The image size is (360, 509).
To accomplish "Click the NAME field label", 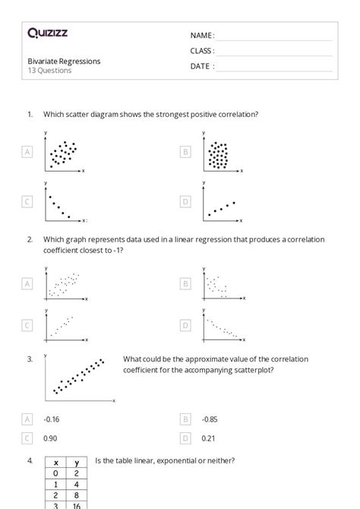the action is click(202, 35).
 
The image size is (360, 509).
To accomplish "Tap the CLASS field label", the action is click(202, 51).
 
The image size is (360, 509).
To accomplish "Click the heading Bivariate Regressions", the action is click(64, 62).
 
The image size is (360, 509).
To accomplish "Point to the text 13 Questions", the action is click(50, 71).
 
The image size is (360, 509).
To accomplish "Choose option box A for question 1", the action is click(27, 152).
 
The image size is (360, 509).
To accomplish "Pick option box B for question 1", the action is click(185, 152).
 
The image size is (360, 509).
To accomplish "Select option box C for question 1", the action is click(27, 201).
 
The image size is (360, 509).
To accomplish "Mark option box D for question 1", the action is click(185, 201).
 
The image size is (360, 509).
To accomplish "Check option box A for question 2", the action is click(27, 283).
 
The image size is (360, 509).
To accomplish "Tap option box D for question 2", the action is click(185, 325).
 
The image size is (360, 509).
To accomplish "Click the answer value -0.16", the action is click(52, 419).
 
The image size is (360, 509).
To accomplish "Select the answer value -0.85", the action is click(210, 419).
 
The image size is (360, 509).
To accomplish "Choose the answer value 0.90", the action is click(51, 438).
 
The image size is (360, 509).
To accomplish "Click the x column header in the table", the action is click(56, 462).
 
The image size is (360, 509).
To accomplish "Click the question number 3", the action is click(30, 359).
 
